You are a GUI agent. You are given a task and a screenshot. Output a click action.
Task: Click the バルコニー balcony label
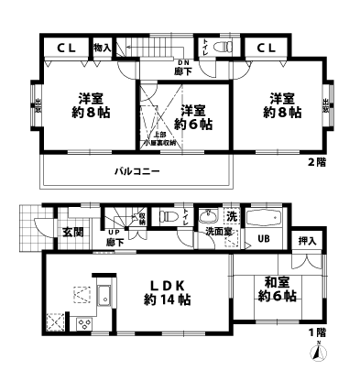coord(137,170)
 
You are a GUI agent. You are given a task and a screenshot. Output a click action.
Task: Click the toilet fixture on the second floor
coord(229,48)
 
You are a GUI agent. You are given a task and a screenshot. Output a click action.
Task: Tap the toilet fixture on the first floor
coord(169,218)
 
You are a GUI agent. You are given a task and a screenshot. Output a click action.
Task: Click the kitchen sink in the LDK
coord(104,296)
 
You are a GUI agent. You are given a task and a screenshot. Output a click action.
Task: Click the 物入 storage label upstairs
coord(102,47)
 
